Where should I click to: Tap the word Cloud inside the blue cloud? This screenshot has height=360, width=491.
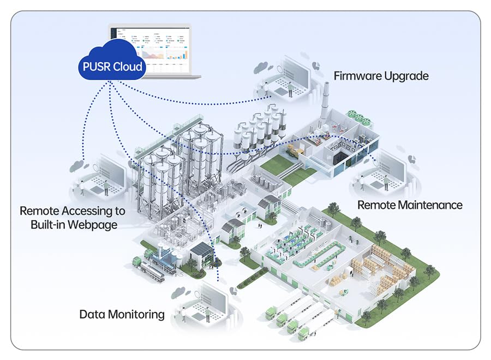129,67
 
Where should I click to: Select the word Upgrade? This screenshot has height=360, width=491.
408,76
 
